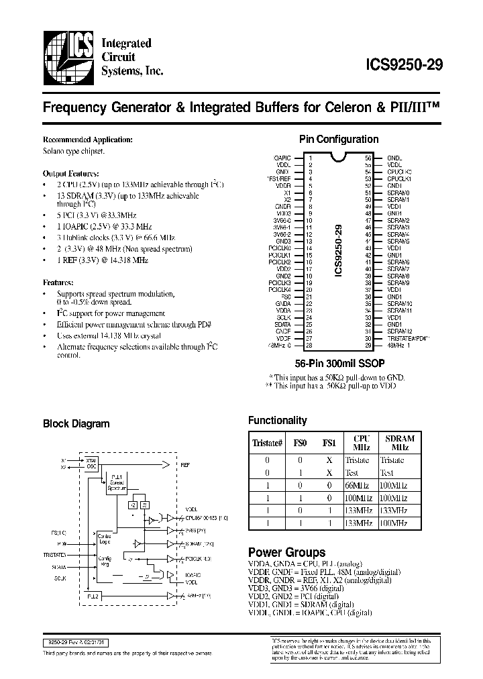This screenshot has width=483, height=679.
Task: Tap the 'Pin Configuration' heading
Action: (x=338, y=140)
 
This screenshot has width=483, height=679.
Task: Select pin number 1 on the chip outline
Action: (x=310, y=158)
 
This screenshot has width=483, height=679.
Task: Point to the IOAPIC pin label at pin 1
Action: (x=282, y=158)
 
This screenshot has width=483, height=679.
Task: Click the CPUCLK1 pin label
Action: (x=399, y=179)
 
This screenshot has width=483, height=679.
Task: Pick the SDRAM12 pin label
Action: (x=399, y=331)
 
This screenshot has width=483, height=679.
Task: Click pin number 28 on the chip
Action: (x=309, y=346)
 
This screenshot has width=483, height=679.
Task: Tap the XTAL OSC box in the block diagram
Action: (x=92, y=464)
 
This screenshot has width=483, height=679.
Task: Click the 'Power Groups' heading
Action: (x=286, y=552)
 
